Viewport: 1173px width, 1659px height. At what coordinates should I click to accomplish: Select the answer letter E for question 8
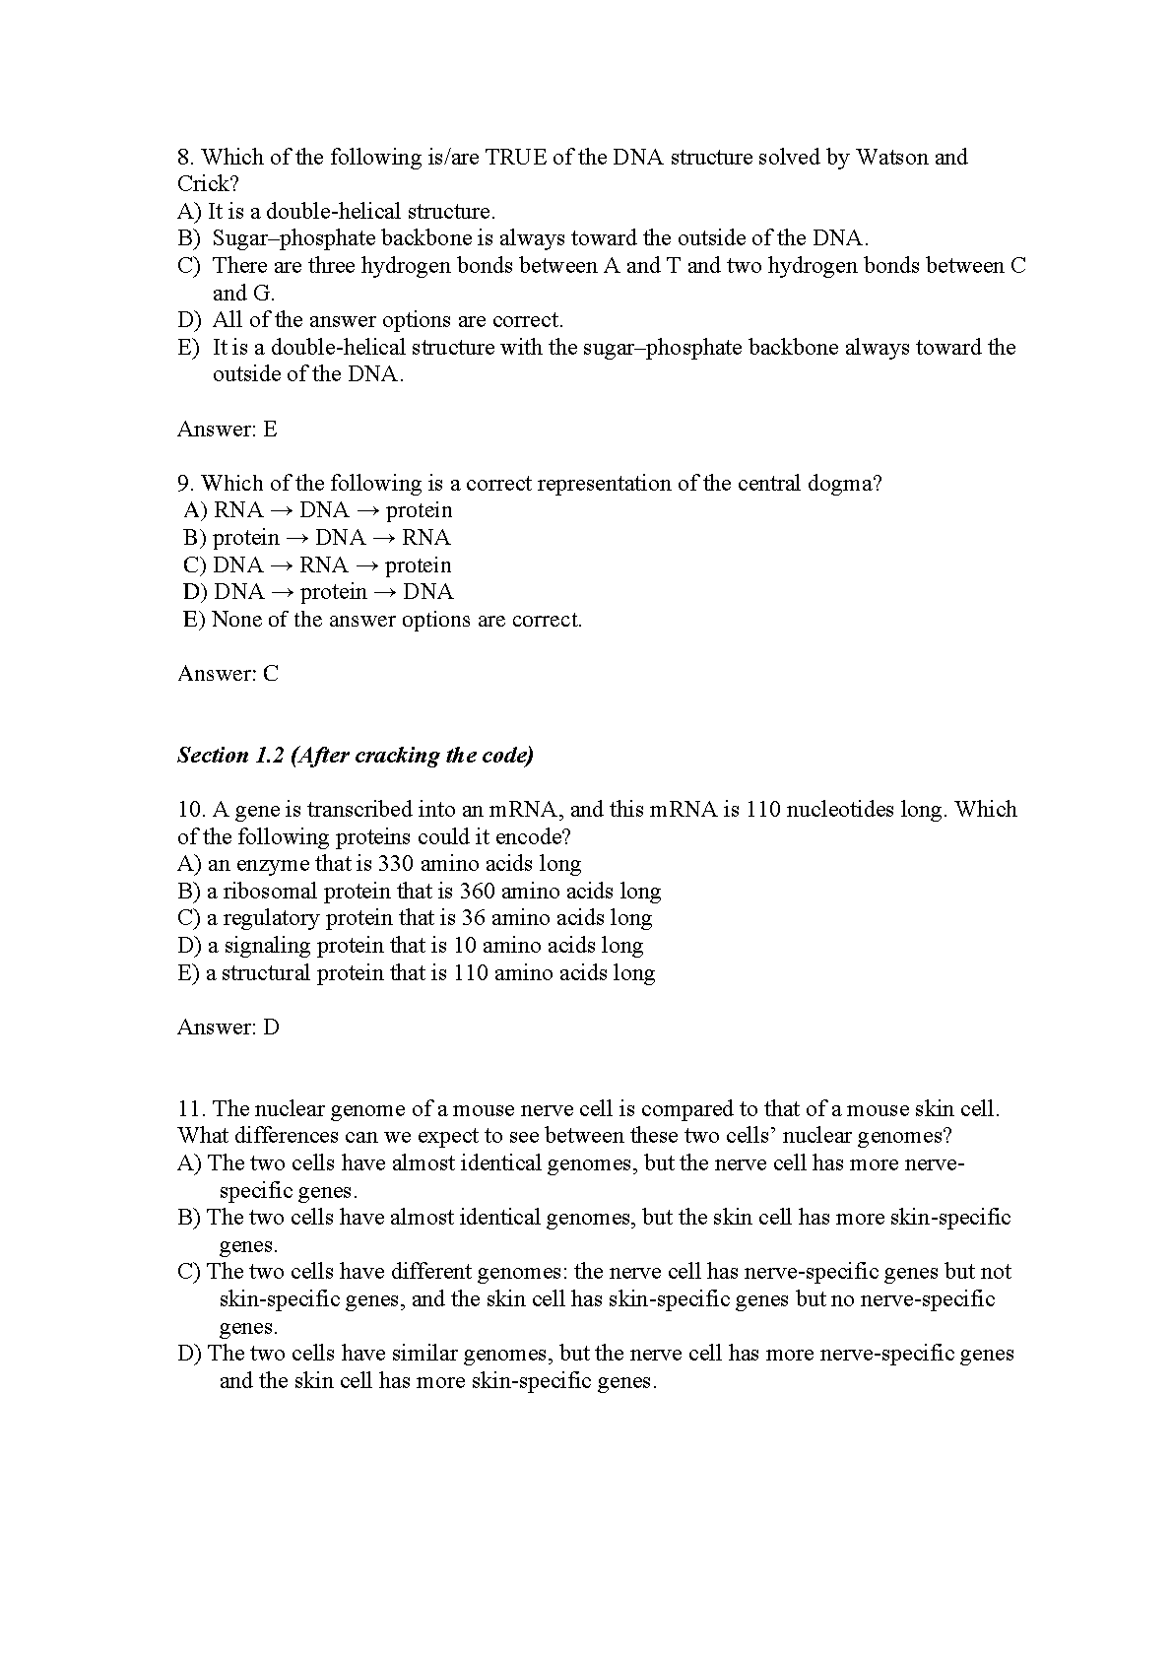270,429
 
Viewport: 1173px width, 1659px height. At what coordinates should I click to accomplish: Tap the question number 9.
186,483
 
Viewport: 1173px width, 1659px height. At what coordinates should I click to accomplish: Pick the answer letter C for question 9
271,673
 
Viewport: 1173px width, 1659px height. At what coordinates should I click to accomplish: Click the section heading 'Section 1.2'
229,756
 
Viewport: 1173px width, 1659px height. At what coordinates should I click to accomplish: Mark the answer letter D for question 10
271,1027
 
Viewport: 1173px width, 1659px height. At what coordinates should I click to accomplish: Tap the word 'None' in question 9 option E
236,619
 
